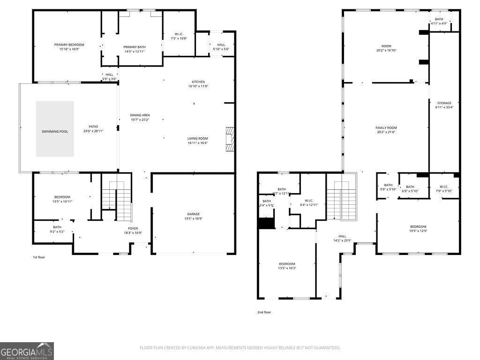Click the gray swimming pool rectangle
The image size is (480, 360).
55,129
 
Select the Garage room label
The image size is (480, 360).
194,214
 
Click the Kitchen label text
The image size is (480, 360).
198,82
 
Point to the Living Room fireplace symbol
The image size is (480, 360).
229,139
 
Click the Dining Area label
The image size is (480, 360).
140,115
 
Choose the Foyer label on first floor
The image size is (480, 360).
133,229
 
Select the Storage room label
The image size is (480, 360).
444,103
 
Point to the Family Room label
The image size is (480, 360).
386,128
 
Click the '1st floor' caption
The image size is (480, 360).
39,257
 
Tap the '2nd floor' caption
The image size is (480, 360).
264,312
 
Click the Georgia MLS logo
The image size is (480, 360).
27,351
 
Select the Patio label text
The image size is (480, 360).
93,127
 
